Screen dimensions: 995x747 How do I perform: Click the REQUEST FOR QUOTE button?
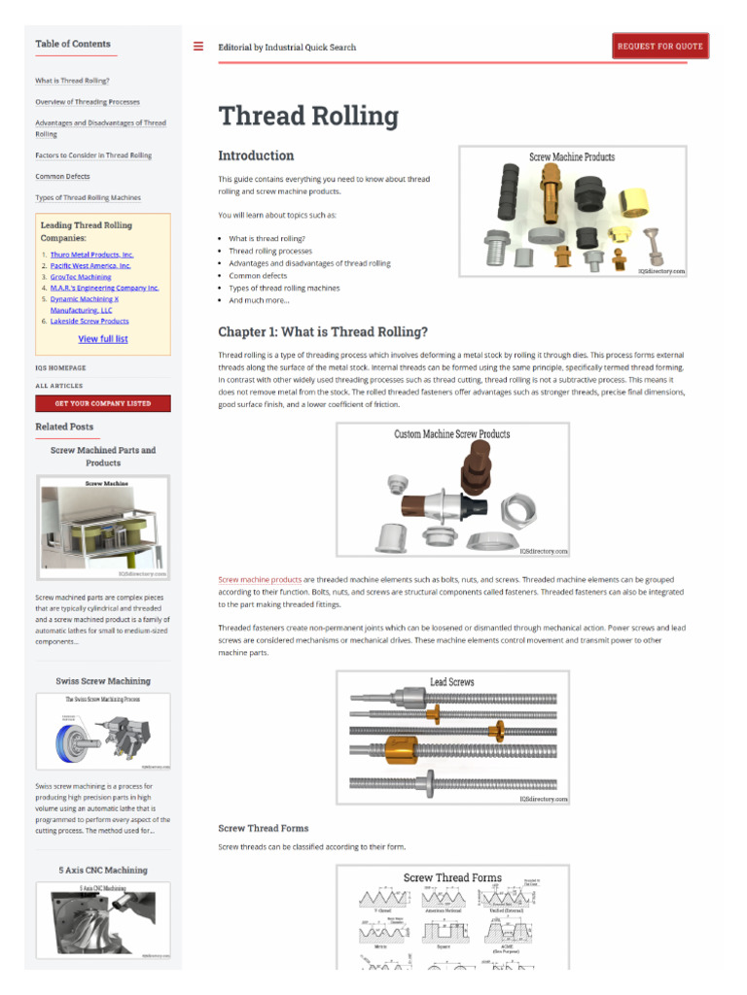[x=659, y=46]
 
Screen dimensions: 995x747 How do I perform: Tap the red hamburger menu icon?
[x=198, y=46]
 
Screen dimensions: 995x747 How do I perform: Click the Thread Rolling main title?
[x=308, y=116]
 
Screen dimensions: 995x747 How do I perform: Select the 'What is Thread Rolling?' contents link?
[x=72, y=81]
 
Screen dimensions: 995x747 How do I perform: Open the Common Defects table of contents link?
[x=62, y=177]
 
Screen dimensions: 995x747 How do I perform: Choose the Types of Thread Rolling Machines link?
[x=88, y=197]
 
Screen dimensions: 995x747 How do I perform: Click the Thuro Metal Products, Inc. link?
[x=91, y=255]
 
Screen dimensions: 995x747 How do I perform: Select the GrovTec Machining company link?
[x=81, y=277]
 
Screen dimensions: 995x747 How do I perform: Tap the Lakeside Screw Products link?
[x=89, y=321]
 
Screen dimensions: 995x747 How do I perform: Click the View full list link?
[x=102, y=339]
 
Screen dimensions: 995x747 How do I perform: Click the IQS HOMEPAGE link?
[x=60, y=368]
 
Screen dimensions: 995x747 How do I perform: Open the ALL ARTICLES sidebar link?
[x=59, y=386]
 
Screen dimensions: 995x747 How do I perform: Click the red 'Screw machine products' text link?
[x=260, y=579]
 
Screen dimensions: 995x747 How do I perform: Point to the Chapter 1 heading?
[x=322, y=332]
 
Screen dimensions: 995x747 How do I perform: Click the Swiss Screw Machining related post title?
[x=103, y=681]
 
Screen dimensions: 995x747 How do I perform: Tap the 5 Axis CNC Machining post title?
[x=103, y=870]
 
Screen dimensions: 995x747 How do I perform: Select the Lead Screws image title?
[x=452, y=682]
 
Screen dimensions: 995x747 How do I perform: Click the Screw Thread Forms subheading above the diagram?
[x=263, y=828]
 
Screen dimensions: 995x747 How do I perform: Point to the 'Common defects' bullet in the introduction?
[x=258, y=276]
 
